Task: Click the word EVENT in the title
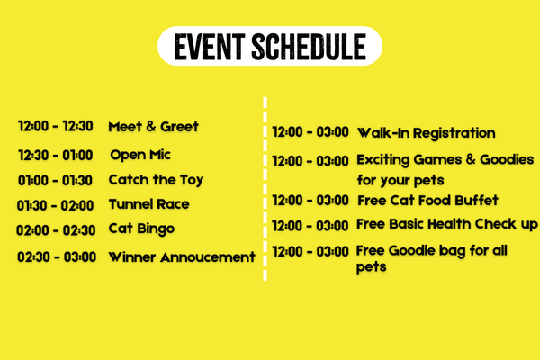(x=210, y=47)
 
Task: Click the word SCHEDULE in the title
(x=309, y=47)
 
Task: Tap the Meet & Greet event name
(x=153, y=126)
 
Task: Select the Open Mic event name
(x=140, y=155)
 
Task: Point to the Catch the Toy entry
(x=156, y=180)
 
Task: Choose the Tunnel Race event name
(x=149, y=204)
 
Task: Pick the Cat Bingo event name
(x=141, y=229)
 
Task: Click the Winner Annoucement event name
(x=182, y=257)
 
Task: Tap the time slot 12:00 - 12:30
(x=56, y=126)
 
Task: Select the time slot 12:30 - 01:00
(x=56, y=156)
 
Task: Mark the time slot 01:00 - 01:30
(x=55, y=180)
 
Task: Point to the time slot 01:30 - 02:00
(x=55, y=206)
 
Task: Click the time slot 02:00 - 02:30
(x=56, y=230)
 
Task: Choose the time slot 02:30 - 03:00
(x=57, y=257)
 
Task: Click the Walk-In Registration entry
(x=427, y=133)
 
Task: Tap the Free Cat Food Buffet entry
(x=427, y=201)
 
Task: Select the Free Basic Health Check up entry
(x=447, y=225)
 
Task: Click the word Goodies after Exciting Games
(x=507, y=159)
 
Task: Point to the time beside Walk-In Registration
(x=310, y=132)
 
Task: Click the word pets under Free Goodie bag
(x=371, y=267)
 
